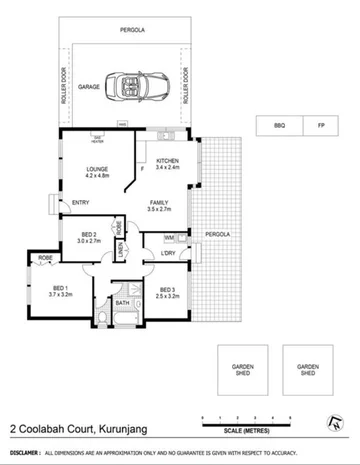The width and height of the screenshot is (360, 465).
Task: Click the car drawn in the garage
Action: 136,87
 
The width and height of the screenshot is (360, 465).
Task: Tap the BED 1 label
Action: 62,290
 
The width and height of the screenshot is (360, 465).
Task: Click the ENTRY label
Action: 82,204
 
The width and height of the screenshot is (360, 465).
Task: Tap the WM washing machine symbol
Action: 170,237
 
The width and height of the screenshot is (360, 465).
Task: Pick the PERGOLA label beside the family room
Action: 219,234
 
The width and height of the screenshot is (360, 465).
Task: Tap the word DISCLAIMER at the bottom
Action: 22,452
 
